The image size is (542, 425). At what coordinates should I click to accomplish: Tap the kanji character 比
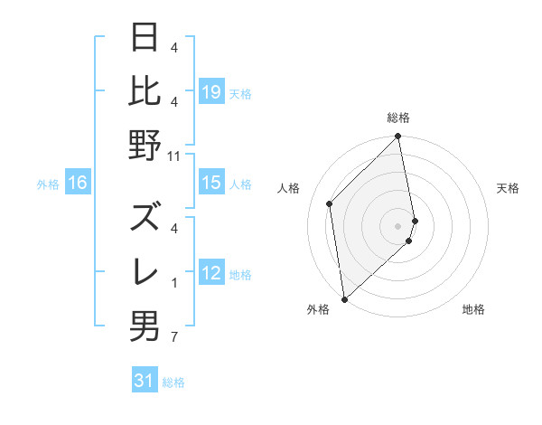tap(145, 90)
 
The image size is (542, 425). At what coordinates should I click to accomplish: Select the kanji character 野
tap(145, 145)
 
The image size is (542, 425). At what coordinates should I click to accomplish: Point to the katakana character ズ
tap(145, 217)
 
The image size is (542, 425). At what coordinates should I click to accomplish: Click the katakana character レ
tap(145, 271)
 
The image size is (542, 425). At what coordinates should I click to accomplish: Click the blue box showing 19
tap(211, 91)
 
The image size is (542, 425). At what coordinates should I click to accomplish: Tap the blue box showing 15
tap(211, 183)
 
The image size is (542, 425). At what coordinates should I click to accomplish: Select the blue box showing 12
tap(211, 274)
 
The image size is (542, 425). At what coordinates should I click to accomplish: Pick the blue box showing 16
tap(78, 183)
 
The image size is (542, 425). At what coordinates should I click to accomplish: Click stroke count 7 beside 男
tap(174, 339)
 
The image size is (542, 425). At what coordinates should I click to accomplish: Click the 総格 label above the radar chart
tap(398, 118)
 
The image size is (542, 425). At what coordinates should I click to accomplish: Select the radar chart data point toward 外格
tap(344, 298)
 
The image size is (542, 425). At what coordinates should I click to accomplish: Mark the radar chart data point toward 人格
tap(330, 203)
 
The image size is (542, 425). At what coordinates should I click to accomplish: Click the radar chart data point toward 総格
tap(398, 137)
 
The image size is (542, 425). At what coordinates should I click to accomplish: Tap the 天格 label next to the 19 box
tap(240, 93)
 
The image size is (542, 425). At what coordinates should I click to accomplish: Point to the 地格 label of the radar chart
tap(473, 309)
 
